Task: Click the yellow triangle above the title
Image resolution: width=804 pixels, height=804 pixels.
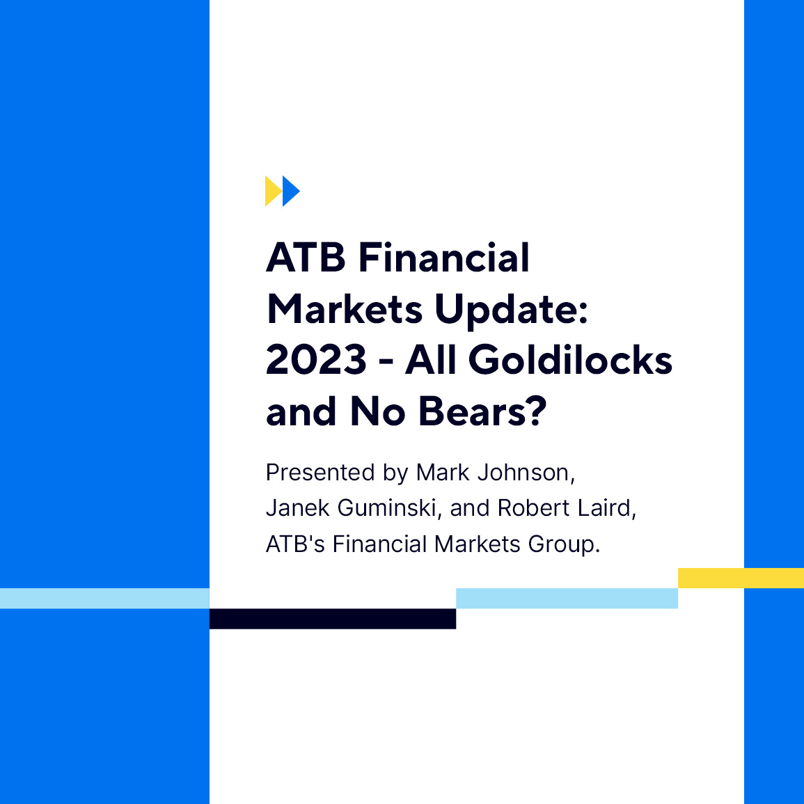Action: (272, 191)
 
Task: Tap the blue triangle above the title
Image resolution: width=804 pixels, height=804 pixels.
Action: (290, 191)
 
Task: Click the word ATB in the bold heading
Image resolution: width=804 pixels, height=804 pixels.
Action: (306, 258)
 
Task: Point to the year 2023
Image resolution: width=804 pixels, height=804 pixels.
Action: (316, 360)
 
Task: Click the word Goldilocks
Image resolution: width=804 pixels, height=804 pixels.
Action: (570, 360)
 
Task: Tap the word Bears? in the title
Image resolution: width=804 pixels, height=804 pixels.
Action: (482, 411)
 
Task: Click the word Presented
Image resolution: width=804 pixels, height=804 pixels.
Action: (321, 473)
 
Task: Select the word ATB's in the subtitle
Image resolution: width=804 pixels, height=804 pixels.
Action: (295, 544)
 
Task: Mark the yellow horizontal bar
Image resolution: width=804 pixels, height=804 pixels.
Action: (741, 578)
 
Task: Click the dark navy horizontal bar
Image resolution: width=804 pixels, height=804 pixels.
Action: (333, 619)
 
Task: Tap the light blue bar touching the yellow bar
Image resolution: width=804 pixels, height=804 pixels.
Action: (567, 598)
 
